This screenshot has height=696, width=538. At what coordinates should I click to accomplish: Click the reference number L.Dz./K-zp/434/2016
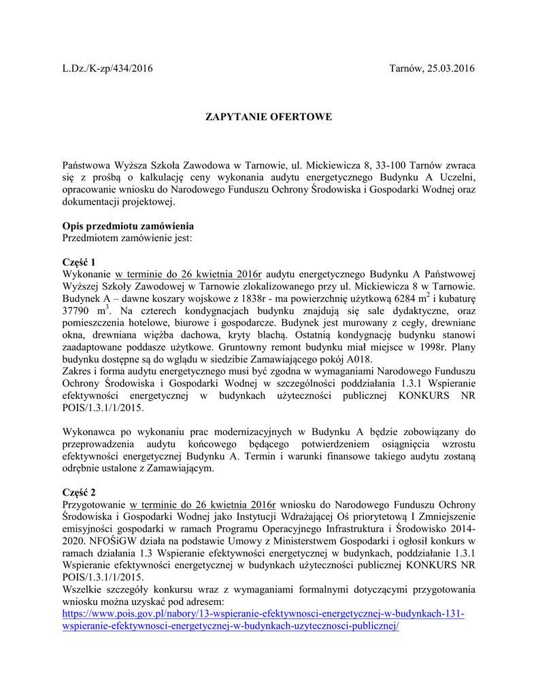(107, 69)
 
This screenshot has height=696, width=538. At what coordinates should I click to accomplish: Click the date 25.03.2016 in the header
(452, 69)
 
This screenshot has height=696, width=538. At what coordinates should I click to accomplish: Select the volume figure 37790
(78, 311)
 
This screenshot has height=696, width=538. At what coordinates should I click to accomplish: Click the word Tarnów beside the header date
(405, 69)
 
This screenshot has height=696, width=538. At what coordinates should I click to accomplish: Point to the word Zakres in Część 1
(78, 372)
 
